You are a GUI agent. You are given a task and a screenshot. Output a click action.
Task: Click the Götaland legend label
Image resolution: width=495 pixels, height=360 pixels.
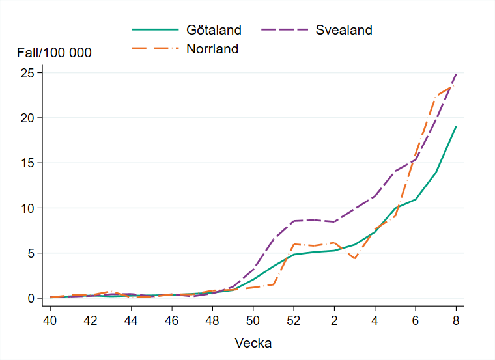tap(214, 30)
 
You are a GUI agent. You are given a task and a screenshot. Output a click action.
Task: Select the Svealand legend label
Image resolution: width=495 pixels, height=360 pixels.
tap(344, 30)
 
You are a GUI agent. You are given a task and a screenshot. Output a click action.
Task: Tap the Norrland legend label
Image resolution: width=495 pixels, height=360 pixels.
tap(212, 49)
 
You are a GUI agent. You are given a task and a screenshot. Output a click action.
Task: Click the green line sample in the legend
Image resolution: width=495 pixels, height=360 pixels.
tap(155, 30)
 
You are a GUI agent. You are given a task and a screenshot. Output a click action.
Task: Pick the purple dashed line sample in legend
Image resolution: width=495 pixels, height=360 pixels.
tap(285, 30)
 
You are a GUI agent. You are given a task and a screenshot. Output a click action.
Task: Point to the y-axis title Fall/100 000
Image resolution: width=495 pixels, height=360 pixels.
tap(54, 53)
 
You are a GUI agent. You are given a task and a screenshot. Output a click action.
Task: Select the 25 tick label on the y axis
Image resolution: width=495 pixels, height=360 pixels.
tap(27, 73)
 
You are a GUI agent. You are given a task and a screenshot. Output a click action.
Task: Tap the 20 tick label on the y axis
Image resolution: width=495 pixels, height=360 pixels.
tap(27, 118)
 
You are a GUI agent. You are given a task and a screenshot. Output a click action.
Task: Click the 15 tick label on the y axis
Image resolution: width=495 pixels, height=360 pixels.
tap(27, 163)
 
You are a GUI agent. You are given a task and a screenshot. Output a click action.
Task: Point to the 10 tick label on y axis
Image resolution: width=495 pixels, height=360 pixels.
tap(27, 208)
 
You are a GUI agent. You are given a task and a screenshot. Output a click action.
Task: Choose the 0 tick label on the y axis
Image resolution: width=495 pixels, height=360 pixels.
tap(30, 298)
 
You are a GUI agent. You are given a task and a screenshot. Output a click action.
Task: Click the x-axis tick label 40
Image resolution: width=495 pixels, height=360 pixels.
tap(50, 320)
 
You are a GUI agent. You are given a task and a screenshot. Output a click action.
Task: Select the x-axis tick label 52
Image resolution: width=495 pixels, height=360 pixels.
tap(293, 320)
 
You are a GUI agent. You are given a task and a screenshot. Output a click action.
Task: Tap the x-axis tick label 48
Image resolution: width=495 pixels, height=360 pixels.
tap(212, 320)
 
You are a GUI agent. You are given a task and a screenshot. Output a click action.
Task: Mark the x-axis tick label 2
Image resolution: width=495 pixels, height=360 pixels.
tap(334, 320)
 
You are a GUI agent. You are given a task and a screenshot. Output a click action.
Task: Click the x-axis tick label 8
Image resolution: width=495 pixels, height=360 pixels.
tap(456, 320)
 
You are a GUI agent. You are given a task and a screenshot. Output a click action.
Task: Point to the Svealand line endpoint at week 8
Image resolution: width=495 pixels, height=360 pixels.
tap(456, 74)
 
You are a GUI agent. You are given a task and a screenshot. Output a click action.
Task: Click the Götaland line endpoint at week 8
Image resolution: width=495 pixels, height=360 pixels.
tap(456, 126)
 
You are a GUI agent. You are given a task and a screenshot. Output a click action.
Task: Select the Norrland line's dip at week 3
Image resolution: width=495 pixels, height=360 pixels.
tap(354, 258)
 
